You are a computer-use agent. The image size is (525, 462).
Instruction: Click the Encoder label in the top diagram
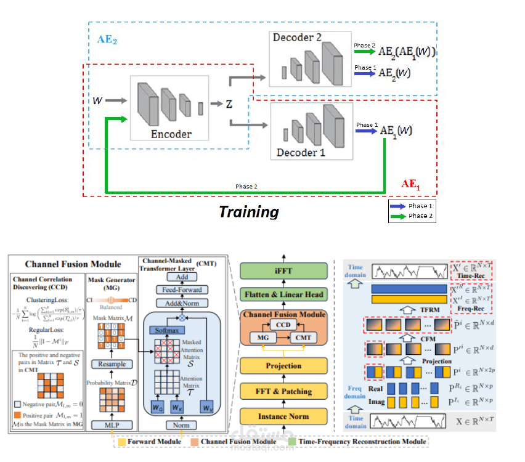(171, 134)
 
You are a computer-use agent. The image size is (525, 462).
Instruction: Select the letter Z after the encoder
(229, 103)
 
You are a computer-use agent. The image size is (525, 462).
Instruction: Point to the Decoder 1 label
(300, 152)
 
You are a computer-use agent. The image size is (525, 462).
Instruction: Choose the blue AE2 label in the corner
(107, 40)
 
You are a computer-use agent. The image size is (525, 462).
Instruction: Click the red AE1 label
(412, 183)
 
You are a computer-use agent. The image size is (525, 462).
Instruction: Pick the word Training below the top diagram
(249, 213)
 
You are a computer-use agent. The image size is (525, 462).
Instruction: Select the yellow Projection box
(284, 366)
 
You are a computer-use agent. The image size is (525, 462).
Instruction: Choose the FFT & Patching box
(284, 391)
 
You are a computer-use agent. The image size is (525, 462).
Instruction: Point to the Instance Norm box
(284, 416)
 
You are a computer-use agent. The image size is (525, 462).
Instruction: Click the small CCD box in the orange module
(283, 325)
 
